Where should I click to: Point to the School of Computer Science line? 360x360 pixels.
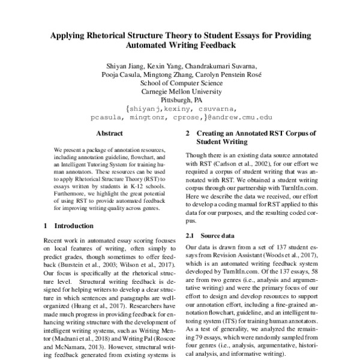(x=180, y=83)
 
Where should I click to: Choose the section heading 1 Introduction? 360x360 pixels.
(x=70, y=227)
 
